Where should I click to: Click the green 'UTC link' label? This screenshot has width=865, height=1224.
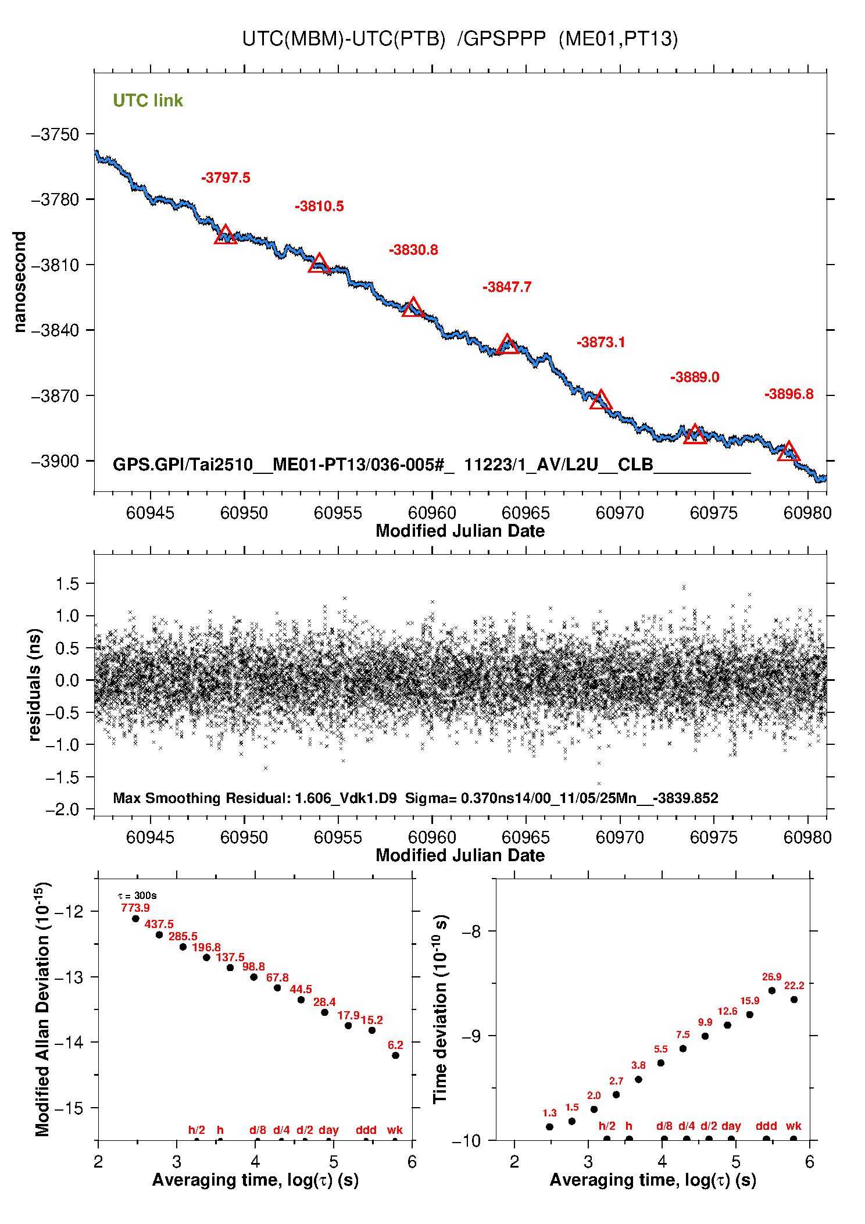[x=148, y=101]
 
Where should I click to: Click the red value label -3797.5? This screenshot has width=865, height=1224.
[x=226, y=178]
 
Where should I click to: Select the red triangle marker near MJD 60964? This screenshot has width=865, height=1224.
[x=507, y=344]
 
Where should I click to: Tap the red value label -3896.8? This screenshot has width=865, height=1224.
[x=788, y=394]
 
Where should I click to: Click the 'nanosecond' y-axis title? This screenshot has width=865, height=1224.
[x=20, y=282]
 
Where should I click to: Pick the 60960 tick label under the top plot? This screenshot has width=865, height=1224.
[x=432, y=513]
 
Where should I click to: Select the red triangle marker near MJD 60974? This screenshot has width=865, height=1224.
[x=695, y=434]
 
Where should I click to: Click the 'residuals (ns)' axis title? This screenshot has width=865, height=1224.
[x=35, y=684]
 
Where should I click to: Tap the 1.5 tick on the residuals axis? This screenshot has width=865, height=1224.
[x=67, y=584]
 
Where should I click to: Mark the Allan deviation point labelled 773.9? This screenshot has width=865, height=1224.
[x=135, y=919]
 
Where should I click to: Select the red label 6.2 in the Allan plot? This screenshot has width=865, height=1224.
[x=395, y=1045]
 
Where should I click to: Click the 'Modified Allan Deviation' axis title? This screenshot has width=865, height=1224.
[x=42, y=1009]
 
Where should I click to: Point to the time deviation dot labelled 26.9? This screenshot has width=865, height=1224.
[x=771, y=991]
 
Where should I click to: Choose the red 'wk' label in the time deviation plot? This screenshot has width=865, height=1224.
[x=793, y=1126]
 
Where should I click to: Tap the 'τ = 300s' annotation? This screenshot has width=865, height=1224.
[x=137, y=895]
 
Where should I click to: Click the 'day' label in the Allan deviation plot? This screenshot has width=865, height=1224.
[x=328, y=1130]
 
